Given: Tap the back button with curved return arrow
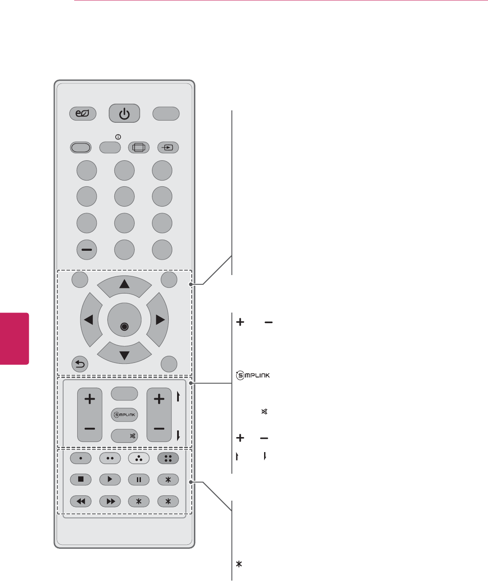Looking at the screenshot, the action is point(80,364).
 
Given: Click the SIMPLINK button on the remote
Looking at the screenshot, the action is point(124,415).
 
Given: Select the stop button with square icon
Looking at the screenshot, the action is point(81,479).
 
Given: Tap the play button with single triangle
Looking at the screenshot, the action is point(110,479).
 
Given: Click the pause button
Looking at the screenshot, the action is point(139,479).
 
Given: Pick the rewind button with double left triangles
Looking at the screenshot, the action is point(81,502).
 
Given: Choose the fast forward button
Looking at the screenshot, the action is point(110,502).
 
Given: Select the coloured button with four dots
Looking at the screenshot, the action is point(168,458).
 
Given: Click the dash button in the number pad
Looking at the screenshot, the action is point(87,250).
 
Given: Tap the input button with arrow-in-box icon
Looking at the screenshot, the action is point(168,147).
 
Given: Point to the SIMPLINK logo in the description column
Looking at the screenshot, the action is point(253,376).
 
